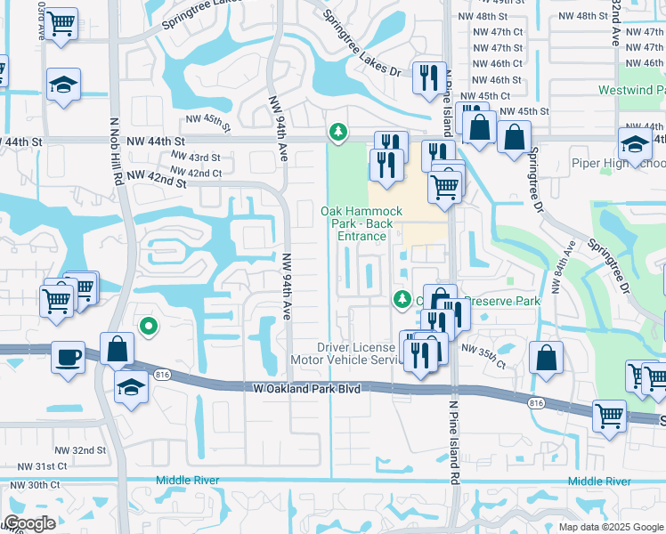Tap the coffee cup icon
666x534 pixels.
click(x=69, y=357)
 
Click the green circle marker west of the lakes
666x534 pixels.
click(x=149, y=328)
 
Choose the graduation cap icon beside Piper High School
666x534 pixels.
click(x=637, y=144)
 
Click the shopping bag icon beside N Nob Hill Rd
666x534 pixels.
click(x=118, y=349)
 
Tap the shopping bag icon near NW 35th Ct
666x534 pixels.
click(x=546, y=358)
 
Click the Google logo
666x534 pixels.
click(x=28, y=523)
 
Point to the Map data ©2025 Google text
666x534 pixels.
click(x=610, y=527)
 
